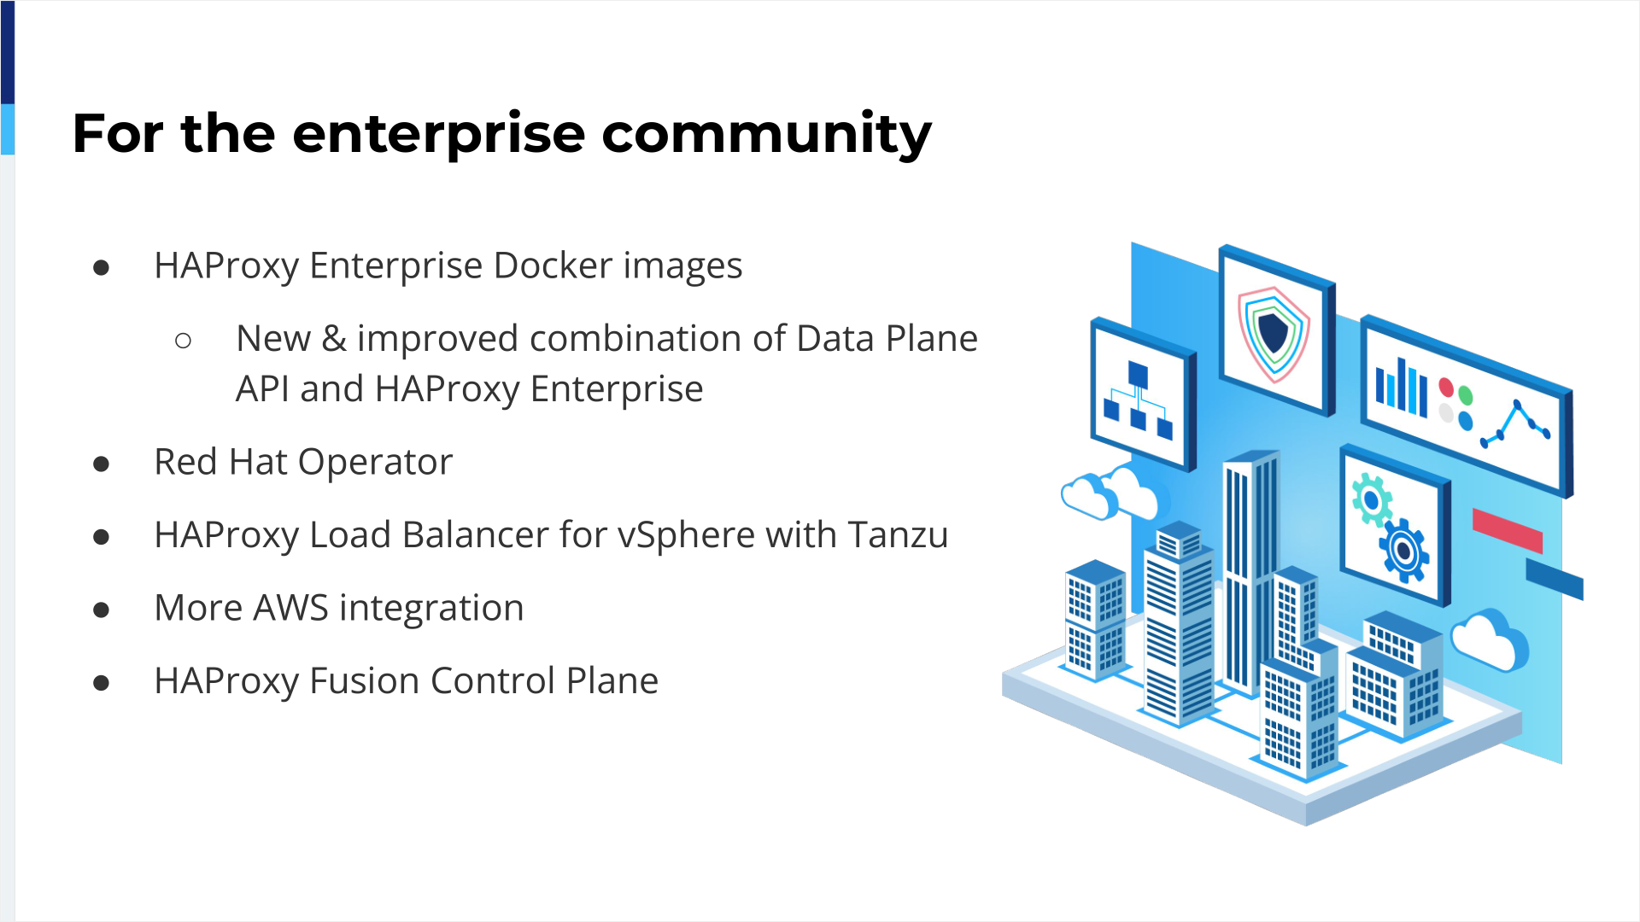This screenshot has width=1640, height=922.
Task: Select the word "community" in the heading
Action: click(x=766, y=135)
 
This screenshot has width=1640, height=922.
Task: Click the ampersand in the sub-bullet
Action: click(x=334, y=339)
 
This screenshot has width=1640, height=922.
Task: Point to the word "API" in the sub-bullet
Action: click(x=262, y=389)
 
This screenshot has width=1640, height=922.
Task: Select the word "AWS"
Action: click(x=290, y=608)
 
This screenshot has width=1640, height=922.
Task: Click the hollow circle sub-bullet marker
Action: click(x=183, y=341)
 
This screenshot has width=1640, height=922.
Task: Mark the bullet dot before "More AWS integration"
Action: click(x=102, y=610)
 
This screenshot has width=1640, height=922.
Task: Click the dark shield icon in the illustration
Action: click(x=1273, y=333)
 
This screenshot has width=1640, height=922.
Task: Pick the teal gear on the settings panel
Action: click(x=1372, y=499)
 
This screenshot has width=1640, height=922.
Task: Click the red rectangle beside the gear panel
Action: click(x=1508, y=530)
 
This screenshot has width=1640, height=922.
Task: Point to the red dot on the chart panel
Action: click(x=1446, y=388)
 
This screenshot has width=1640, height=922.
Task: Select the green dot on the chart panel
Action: click(x=1466, y=396)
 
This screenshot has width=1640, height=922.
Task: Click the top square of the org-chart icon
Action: click(x=1138, y=375)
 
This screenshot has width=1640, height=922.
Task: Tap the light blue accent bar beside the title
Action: click(x=8, y=130)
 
